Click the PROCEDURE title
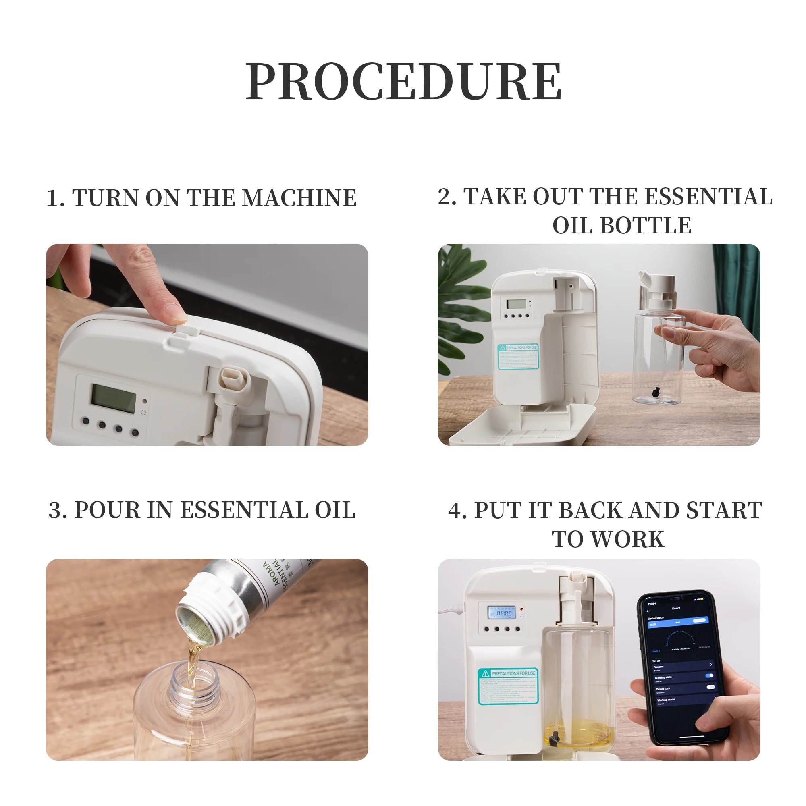pyautogui.click(x=403, y=81)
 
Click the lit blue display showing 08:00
pyautogui.click(x=502, y=613)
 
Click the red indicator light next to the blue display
pyautogui.click(x=521, y=609)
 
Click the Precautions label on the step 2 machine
pyautogui.click(x=519, y=357)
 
